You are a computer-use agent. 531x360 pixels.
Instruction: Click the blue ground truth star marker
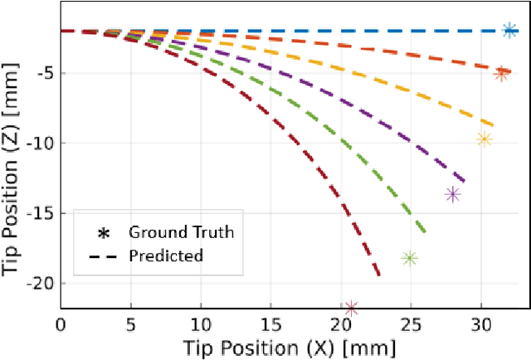click(509, 30)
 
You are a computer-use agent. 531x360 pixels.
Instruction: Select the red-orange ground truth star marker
click(501, 73)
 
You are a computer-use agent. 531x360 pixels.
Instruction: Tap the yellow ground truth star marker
click(484, 139)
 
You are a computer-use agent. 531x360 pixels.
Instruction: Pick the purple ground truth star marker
click(453, 195)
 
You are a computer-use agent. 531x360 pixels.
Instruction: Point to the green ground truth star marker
click(409, 259)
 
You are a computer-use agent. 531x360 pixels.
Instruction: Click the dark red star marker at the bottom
click(351, 308)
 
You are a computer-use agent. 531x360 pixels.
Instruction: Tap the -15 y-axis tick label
click(40, 213)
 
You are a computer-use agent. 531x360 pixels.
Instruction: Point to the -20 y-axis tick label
click(40, 283)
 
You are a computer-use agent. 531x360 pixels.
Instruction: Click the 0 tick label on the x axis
click(61, 323)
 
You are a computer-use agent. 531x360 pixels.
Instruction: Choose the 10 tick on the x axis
click(201, 323)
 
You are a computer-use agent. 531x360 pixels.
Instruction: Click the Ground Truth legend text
click(181, 232)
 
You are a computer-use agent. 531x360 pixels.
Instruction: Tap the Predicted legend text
click(166, 255)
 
